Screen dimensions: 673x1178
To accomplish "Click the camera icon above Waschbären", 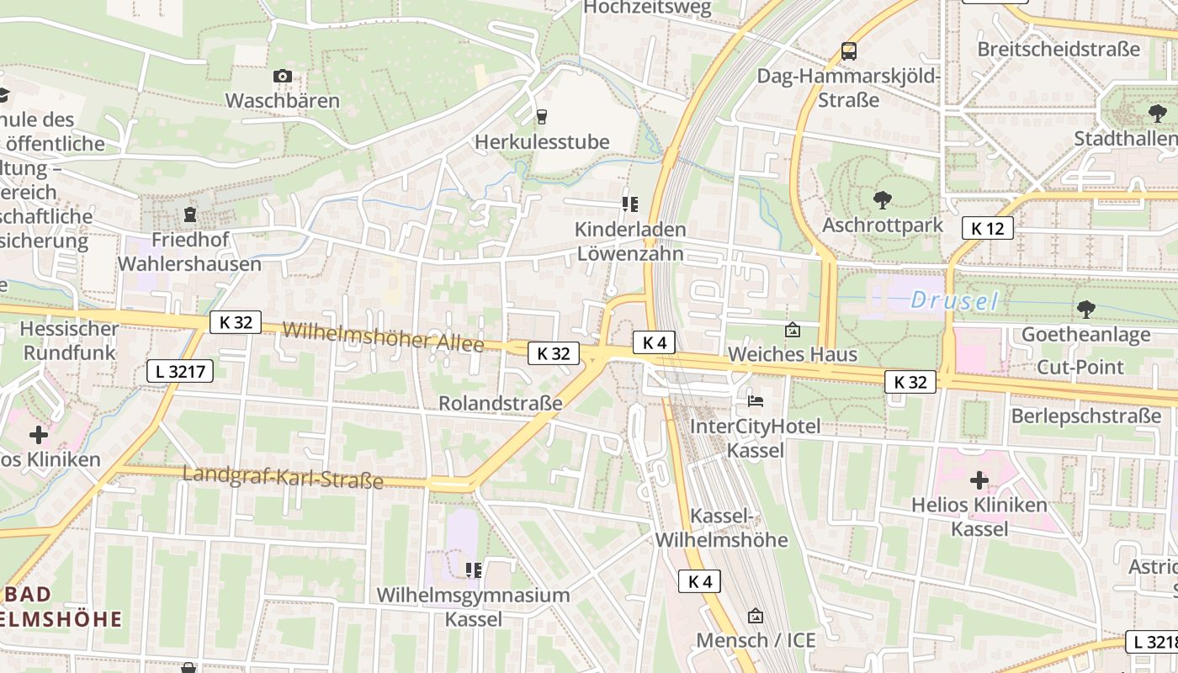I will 283,77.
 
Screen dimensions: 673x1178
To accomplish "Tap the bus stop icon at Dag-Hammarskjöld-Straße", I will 849,51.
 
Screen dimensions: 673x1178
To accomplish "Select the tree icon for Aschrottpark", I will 882,200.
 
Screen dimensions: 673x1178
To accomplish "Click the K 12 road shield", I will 987,228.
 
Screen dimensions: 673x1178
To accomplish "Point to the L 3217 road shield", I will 180,371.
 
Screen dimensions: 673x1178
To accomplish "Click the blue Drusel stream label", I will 954,300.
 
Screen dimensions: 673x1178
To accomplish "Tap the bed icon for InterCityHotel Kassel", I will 756,400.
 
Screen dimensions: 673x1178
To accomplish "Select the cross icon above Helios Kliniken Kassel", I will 979,480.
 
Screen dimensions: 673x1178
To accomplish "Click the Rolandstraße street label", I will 500,403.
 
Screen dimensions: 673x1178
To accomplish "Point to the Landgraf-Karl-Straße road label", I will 283,477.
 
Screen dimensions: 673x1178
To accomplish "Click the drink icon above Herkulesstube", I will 542,117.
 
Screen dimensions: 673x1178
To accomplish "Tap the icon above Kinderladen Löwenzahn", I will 629,204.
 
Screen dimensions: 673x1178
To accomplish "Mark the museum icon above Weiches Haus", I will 792,329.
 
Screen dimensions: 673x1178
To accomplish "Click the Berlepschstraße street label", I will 1085,416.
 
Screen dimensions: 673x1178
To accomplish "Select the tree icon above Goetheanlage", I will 1085,310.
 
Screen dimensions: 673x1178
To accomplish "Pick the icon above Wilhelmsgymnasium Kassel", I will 473,570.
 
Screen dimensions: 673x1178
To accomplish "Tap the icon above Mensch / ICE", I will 755,616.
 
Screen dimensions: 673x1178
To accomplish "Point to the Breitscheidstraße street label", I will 1058,49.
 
